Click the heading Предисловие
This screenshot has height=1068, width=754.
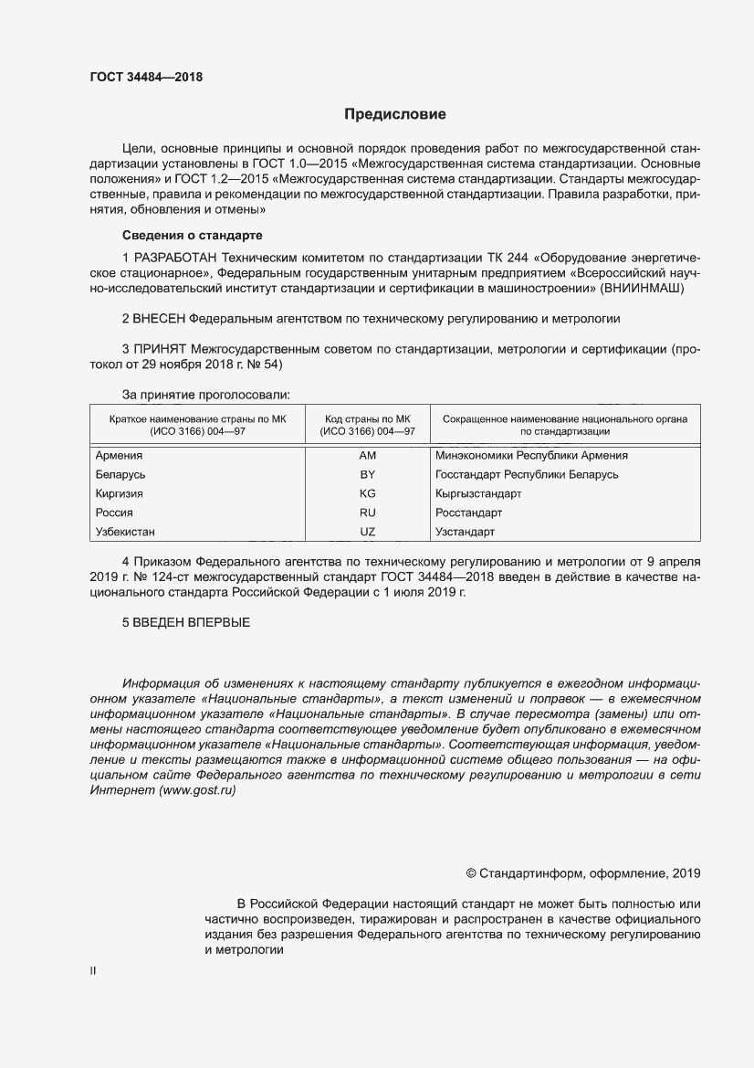point(394,115)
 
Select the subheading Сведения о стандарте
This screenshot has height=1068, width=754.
point(192,236)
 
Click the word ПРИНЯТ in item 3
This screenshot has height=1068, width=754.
point(160,349)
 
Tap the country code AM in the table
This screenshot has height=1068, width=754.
point(368,455)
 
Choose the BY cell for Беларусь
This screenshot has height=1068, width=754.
point(368,474)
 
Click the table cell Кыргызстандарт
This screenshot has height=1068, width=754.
point(478,493)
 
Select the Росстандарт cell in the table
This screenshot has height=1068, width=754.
point(469,513)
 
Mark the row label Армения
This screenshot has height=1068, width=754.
point(119,455)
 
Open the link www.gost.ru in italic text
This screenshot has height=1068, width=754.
point(198,790)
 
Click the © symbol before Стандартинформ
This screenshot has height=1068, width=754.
point(471,873)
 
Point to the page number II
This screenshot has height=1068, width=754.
point(91,972)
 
